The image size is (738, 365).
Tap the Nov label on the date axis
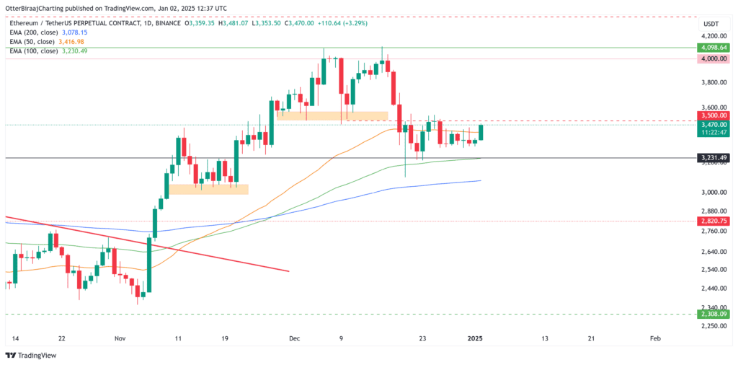coord(120,338)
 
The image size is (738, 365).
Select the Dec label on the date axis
coord(293,338)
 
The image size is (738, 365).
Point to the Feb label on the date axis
coord(655,338)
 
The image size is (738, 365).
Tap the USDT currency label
coord(711,24)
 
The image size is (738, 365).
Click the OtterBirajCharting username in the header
coord(37,8)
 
